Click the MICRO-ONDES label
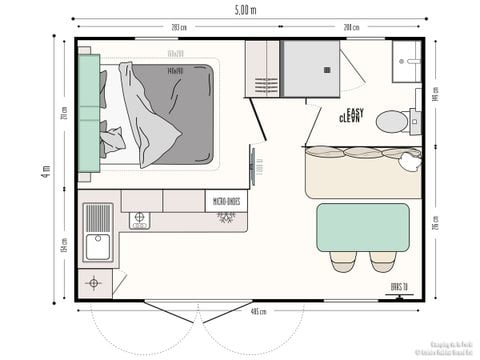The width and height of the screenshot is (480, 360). tap(223, 201)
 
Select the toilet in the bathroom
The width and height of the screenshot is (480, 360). tap(395, 121)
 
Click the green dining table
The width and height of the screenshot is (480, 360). tap(362, 227)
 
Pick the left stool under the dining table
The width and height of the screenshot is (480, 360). tap(343, 261)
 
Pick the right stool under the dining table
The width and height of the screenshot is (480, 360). tap(382, 261)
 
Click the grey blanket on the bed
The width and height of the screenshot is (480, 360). tap(176, 112)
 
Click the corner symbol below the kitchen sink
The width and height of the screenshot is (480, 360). tap(94, 283)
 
